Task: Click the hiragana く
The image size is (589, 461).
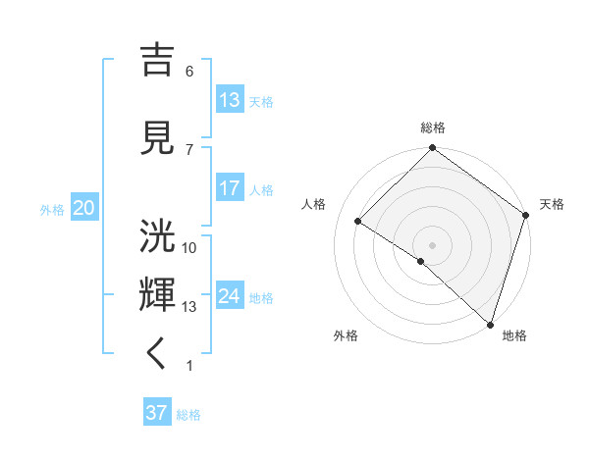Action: pyautogui.click(x=158, y=354)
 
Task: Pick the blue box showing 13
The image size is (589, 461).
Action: pyautogui.click(x=230, y=100)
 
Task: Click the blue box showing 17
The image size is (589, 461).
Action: pyautogui.click(x=230, y=188)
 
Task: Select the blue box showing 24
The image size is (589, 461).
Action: pyautogui.click(x=230, y=296)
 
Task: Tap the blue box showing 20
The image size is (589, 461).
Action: pyautogui.click(x=83, y=208)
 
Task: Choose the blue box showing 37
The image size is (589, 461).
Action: pyautogui.click(x=157, y=413)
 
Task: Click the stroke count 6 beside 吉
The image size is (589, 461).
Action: pyautogui.click(x=189, y=71)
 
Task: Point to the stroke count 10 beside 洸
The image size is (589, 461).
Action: pyautogui.click(x=189, y=247)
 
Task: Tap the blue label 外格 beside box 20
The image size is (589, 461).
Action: pyautogui.click(x=52, y=209)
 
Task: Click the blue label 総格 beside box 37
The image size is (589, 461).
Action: pyautogui.click(x=188, y=414)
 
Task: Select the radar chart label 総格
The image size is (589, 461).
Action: pyautogui.click(x=433, y=128)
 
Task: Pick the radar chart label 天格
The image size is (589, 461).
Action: pyautogui.click(x=552, y=204)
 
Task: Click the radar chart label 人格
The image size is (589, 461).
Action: pyautogui.click(x=314, y=204)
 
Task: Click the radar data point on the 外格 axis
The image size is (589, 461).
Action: pyautogui.click(x=421, y=261)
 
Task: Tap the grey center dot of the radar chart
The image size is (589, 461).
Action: pyautogui.click(x=433, y=244)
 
